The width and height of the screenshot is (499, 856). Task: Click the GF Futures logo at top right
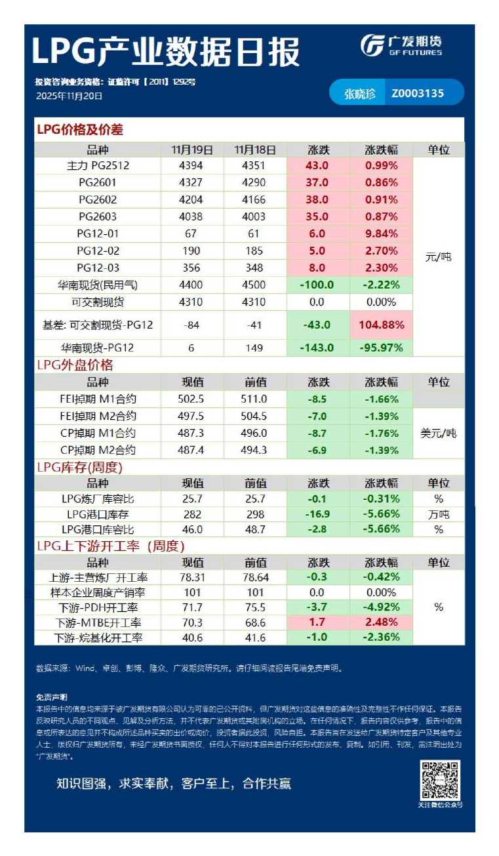click(401, 45)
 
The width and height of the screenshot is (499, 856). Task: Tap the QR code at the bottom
click(440, 781)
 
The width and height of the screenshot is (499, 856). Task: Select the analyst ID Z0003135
click(418, 93)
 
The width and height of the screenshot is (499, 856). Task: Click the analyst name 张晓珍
click(360, 93)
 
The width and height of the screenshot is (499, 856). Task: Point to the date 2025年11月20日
click(69, 96)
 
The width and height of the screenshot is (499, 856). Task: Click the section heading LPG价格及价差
click(79, 130)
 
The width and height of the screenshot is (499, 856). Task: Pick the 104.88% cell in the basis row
click(381, 324)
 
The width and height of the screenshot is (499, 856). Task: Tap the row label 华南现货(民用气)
click(98, 285)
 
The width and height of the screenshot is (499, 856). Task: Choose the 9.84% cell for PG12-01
click(381, 234)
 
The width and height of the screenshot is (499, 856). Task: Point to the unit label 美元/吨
click(438, 433)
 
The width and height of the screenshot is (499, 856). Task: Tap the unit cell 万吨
click(438, 514)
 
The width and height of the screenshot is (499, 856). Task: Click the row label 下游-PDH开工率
click(98, 607)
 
